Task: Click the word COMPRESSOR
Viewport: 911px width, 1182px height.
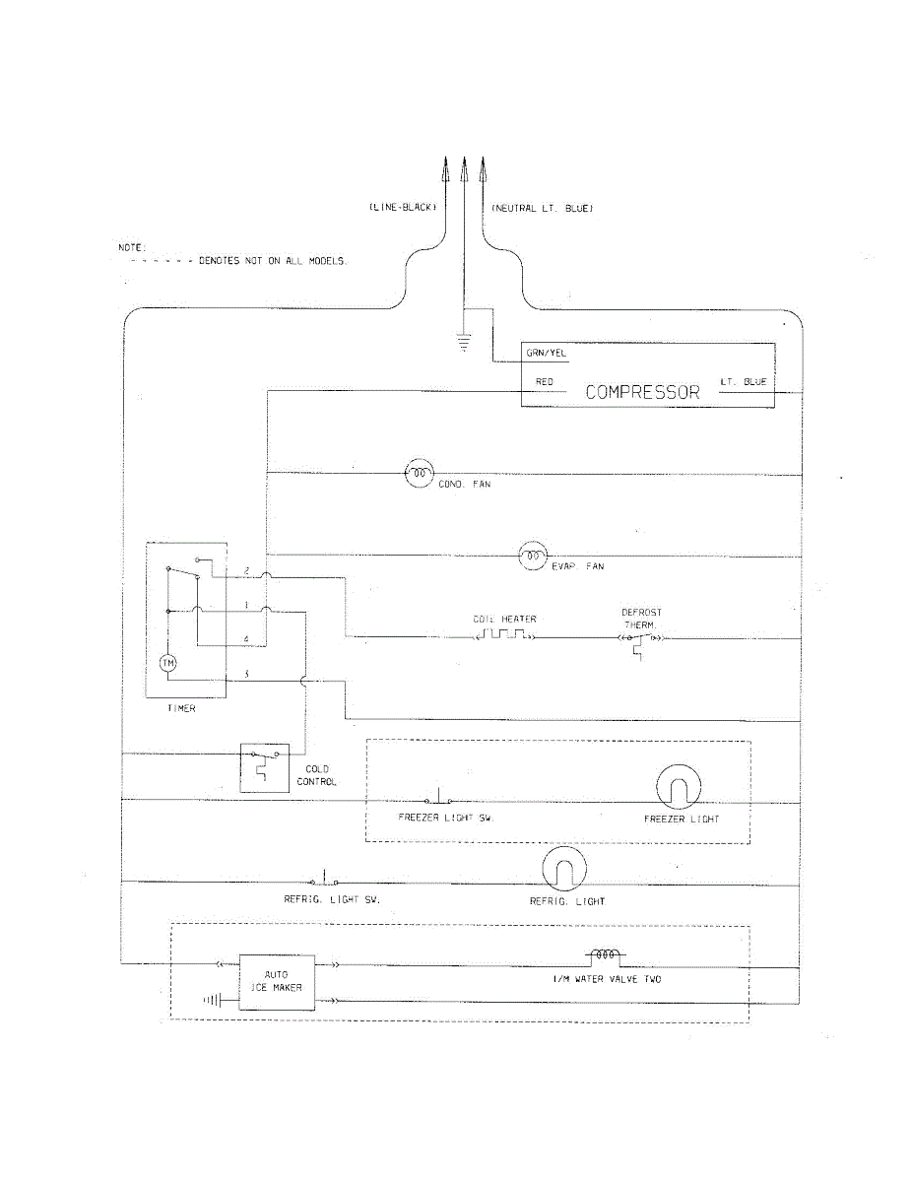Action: [642, 392]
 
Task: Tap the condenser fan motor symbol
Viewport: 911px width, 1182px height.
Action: [420, 474]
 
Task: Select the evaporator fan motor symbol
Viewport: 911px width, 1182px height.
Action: [533, 558]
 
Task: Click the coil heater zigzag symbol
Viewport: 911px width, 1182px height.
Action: [505, 636]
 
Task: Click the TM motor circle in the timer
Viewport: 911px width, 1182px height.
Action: [168, 663]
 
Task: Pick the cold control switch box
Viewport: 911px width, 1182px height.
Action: [264, 767]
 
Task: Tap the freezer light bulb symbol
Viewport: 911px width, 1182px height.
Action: [677, 789]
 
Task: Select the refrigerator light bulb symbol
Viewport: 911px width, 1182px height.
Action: [564, 870]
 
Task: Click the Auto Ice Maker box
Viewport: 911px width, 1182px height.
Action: [277, 981]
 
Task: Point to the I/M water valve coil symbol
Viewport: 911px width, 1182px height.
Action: [604, 955]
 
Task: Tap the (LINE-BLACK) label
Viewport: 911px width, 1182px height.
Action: [402, 209]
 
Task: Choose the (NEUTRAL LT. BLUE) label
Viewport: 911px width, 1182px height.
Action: [542, 209]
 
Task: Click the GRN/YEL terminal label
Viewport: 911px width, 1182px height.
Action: [546, 354]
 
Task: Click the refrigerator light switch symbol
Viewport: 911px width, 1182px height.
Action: [324, 877]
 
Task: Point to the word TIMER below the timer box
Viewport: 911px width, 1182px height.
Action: [181, 709]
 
